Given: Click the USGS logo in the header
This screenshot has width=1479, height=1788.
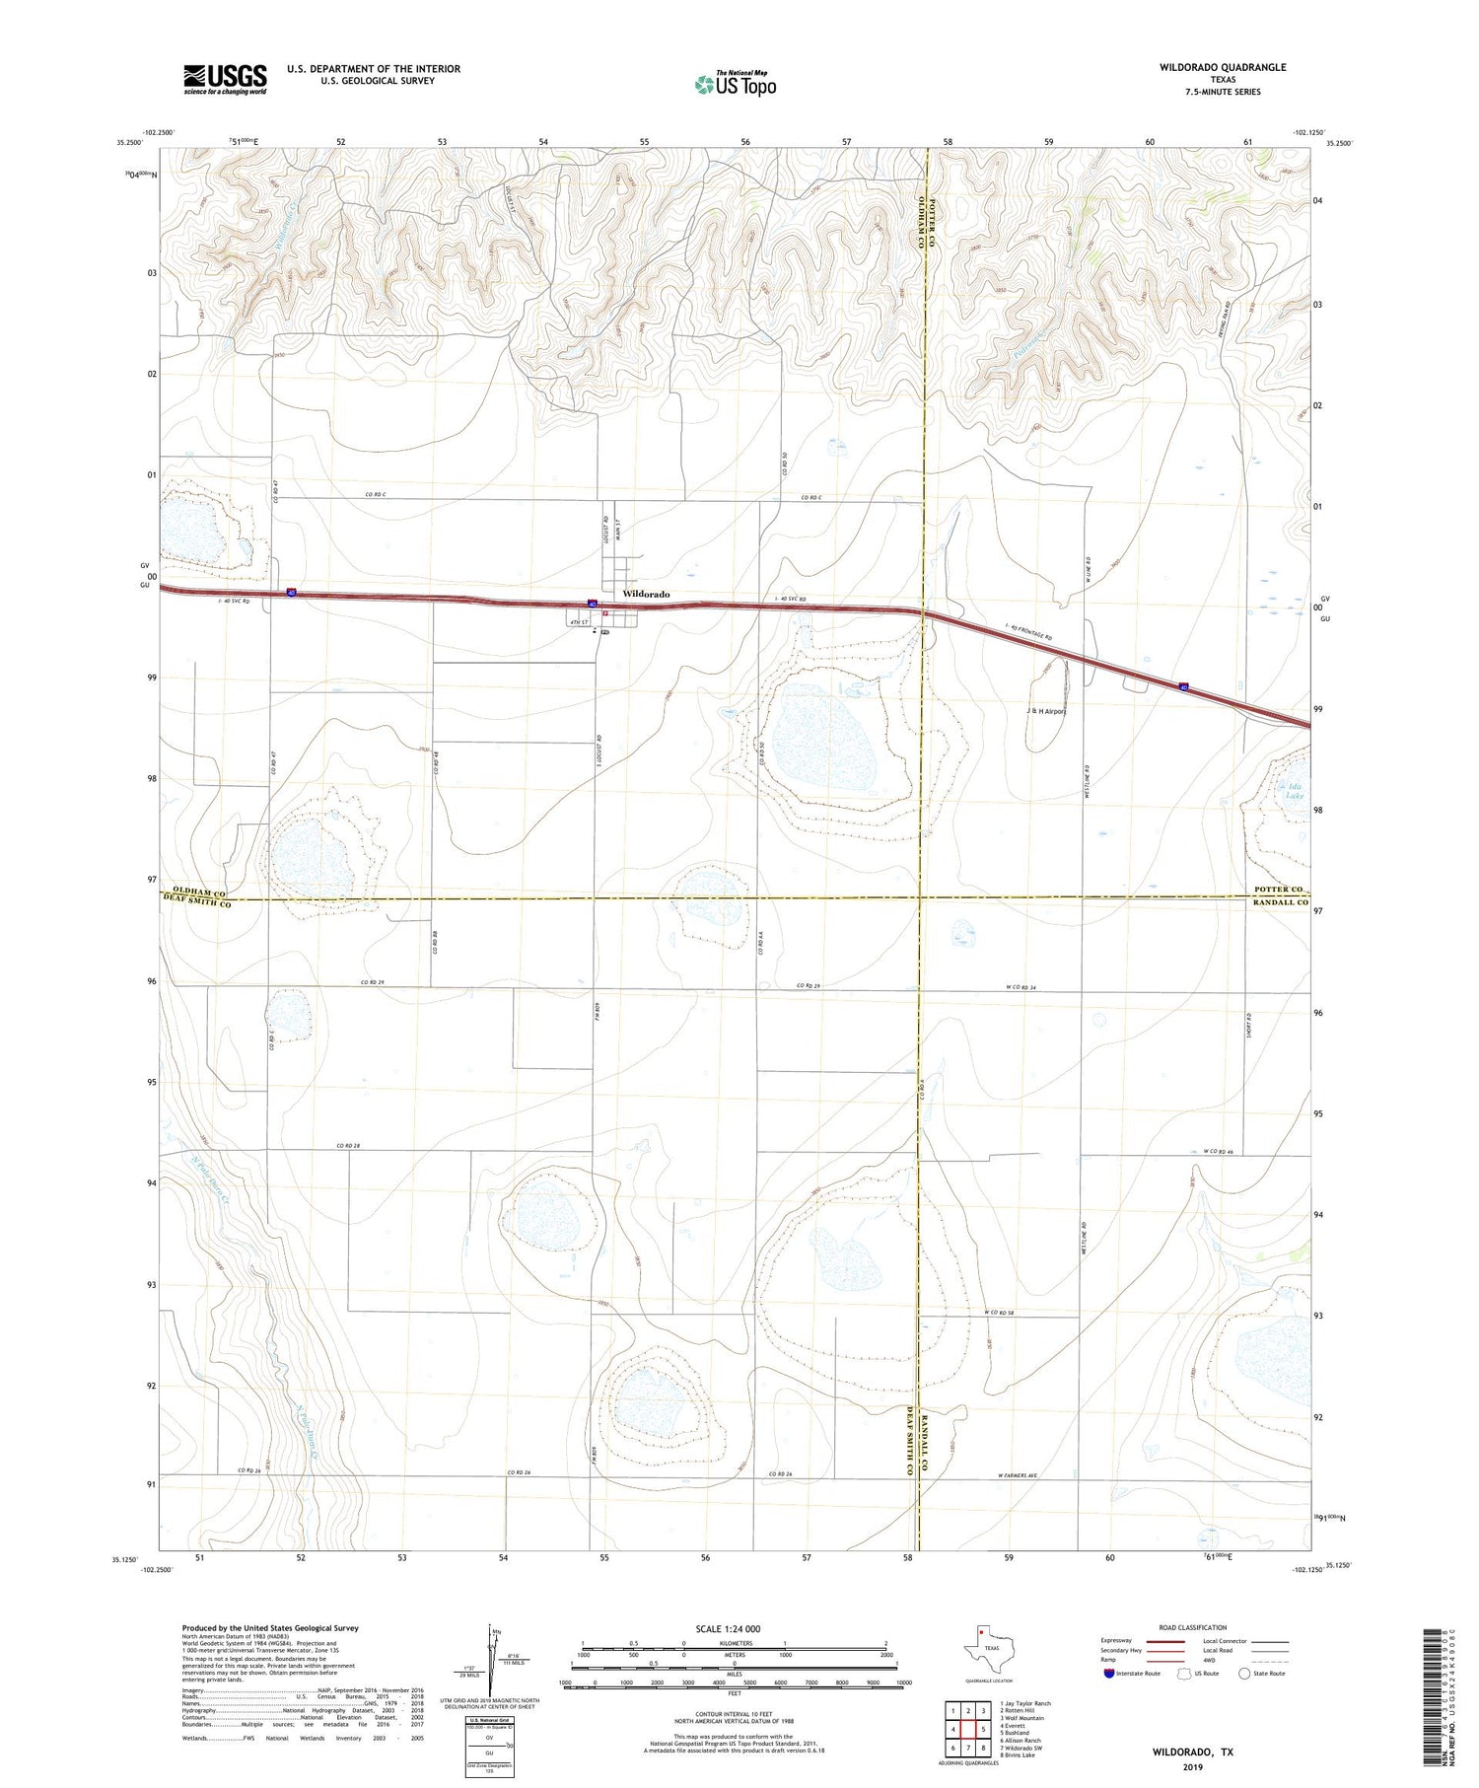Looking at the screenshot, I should tap(225, 79).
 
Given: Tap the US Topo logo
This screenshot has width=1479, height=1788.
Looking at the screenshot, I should tap(735, 85).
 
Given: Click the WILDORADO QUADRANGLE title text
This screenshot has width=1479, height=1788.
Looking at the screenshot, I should tap(1209, 67).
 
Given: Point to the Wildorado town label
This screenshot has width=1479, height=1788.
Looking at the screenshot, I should tap(646, 594).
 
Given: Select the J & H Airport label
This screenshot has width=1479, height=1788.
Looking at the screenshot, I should tap(1046, 710).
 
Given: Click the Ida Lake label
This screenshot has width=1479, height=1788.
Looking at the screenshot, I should tap(1294, 791).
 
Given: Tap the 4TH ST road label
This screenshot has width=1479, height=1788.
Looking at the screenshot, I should tap(578, 622).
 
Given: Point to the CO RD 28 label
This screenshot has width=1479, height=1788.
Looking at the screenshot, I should tap(348, 1145).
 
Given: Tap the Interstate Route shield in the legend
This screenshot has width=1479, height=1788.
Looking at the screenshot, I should tap(1109, 1674).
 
